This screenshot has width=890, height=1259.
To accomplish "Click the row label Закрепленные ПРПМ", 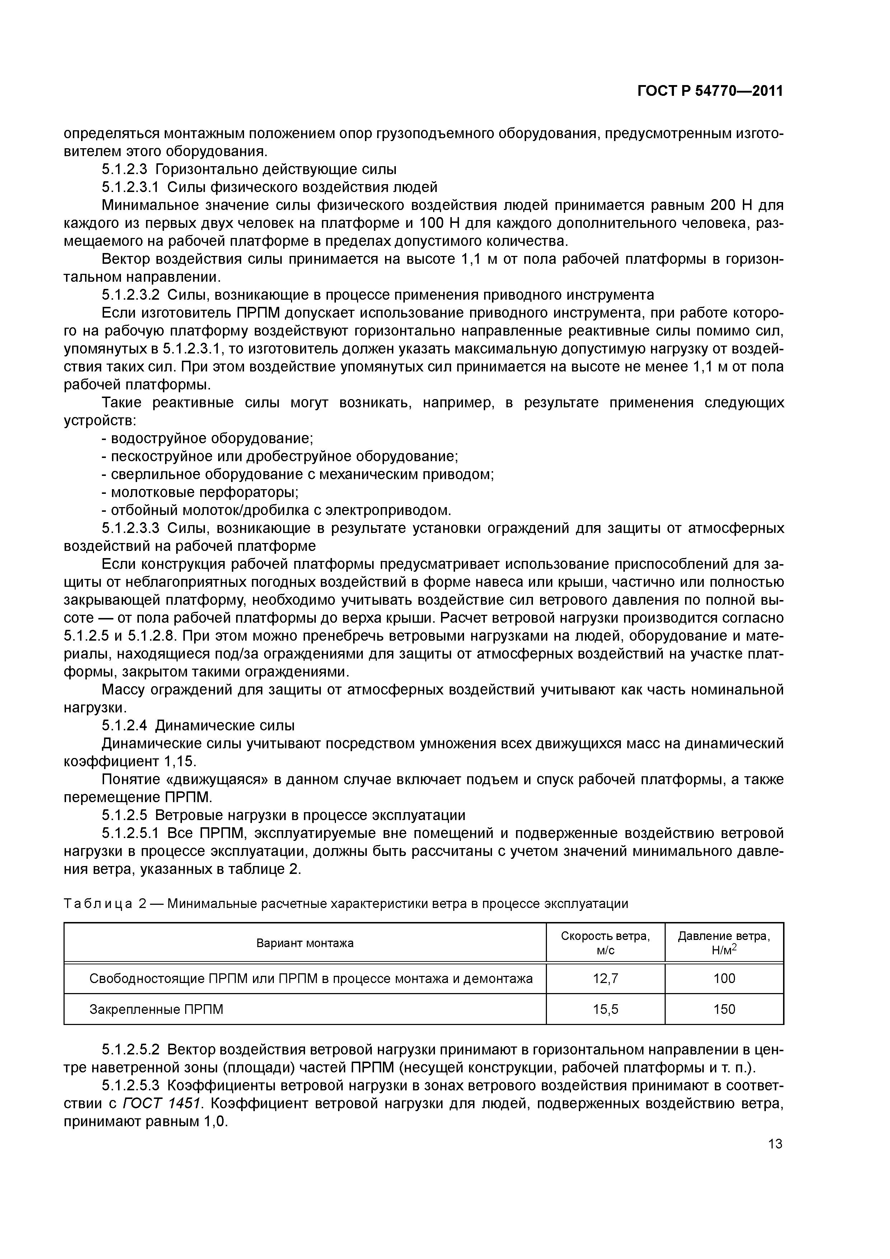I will [x=156, y=1009].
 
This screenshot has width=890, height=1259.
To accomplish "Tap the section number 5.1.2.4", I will [x=125, y=725].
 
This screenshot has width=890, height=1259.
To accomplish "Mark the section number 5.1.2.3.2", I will [x=131, y=295].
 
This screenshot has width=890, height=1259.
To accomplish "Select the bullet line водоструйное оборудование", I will [x=207, y=439].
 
